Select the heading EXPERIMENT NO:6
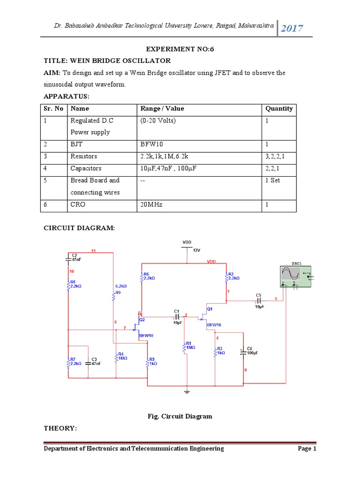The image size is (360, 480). pyautogui.click(x=180, y=49)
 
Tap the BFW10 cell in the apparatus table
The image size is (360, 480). pyautogui.click(x=151, y=144)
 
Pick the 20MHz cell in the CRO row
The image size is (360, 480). pyautogui.click(x=151, y=205)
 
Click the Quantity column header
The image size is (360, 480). pyautogui.click(x=278, y=109)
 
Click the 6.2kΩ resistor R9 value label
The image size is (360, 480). pyautogui.click(x=121, y=285)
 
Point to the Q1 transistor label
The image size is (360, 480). pyautogui.click(x=210, y=309)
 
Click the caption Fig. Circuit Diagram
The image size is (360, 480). pyautogui.click(x=180, y=416)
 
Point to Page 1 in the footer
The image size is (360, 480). pyautogui.click(x=307, y=449)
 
